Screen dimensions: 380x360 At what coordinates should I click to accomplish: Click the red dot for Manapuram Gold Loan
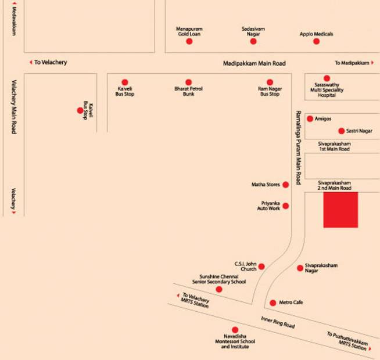point(189,41)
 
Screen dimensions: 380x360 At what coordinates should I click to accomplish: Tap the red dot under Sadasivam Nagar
point(253,41)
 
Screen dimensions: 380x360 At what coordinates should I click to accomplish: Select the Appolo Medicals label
point(316,34)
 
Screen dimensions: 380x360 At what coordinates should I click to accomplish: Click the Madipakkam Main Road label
point(254,63)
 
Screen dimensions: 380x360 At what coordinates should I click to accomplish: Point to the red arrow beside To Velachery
point(31,62)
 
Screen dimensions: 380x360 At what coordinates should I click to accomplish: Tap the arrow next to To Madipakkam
point(372,63)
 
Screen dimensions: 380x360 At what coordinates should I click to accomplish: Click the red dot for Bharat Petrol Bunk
point(188,82)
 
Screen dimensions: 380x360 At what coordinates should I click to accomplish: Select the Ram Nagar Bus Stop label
point(270,91)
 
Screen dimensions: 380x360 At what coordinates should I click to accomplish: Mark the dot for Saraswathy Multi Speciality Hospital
point(327,78)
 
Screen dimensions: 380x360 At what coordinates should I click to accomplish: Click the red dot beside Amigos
point(310,118)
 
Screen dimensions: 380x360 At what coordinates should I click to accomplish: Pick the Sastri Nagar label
point(359,131)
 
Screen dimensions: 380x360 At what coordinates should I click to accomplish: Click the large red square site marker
point(340,210)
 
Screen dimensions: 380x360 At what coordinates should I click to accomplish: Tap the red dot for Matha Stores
point(286,185)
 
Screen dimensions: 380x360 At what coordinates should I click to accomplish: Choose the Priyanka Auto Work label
point(268,206)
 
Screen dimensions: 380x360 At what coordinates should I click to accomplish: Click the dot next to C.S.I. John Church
point(261,267)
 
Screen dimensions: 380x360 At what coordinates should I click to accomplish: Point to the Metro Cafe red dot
point(273,303)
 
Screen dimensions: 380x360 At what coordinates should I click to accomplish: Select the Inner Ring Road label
point(278,322)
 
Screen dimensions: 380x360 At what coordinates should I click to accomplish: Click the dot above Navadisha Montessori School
point(235,330)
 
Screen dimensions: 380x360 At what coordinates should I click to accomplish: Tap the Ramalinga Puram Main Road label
point(298,148)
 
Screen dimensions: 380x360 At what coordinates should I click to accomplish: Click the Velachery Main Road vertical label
point(14,107)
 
